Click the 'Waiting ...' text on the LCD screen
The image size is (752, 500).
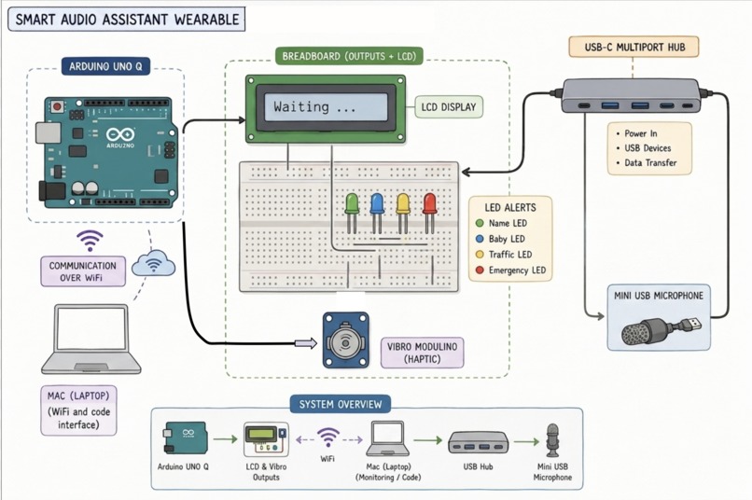pyautogui.click(x=314, y=106)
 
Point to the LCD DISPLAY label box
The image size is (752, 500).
pyautogui.click(x=449, y=107)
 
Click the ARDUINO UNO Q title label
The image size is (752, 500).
pyautogui.click(x=105, y=66)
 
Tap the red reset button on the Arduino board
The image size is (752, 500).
pyautogui.click(x=58, y=105)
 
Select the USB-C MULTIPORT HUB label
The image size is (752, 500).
pyautogui.click(x=634, y=47)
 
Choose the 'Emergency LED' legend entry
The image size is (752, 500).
pyautogui.click(x=510, y=271)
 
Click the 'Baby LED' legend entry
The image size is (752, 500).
pyautogui.click(x=500, y=239)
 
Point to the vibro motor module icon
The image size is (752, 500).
pyautogui.click(x=346, y=340)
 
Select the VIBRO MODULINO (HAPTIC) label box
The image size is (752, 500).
pyautogui.click(x=422, y=353)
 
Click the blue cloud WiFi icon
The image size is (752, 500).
pyautogui.click(x=153, y=263)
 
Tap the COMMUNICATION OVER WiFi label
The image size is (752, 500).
pyautogui.click(x=83, y=271)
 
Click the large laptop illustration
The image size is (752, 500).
pyautogui.click(x=91, y=339)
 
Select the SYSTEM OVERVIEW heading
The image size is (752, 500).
pyautogui.click(x=341, y=404)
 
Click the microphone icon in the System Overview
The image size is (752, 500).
pyautogui.click(x=552, y=440)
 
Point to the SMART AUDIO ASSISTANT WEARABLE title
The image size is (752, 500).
pyautogui.click(x=127, y=20)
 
